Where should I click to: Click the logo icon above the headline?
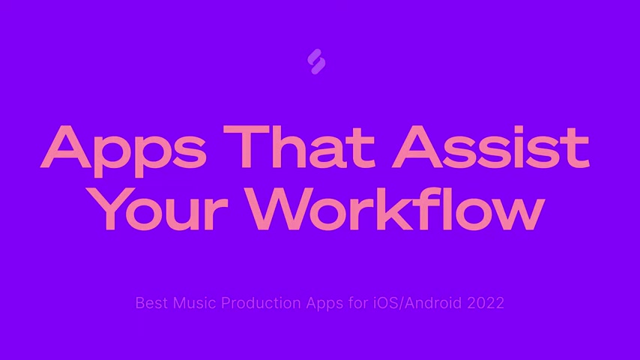[316, 61]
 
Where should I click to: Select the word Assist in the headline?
[491, 147]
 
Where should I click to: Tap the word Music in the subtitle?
[194, 303]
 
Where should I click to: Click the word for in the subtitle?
[358, 303]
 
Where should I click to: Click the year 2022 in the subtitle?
[486, 303]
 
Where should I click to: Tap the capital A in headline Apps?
[66, 147]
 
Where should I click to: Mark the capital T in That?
[246, 147]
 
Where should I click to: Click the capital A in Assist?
[417, 147]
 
